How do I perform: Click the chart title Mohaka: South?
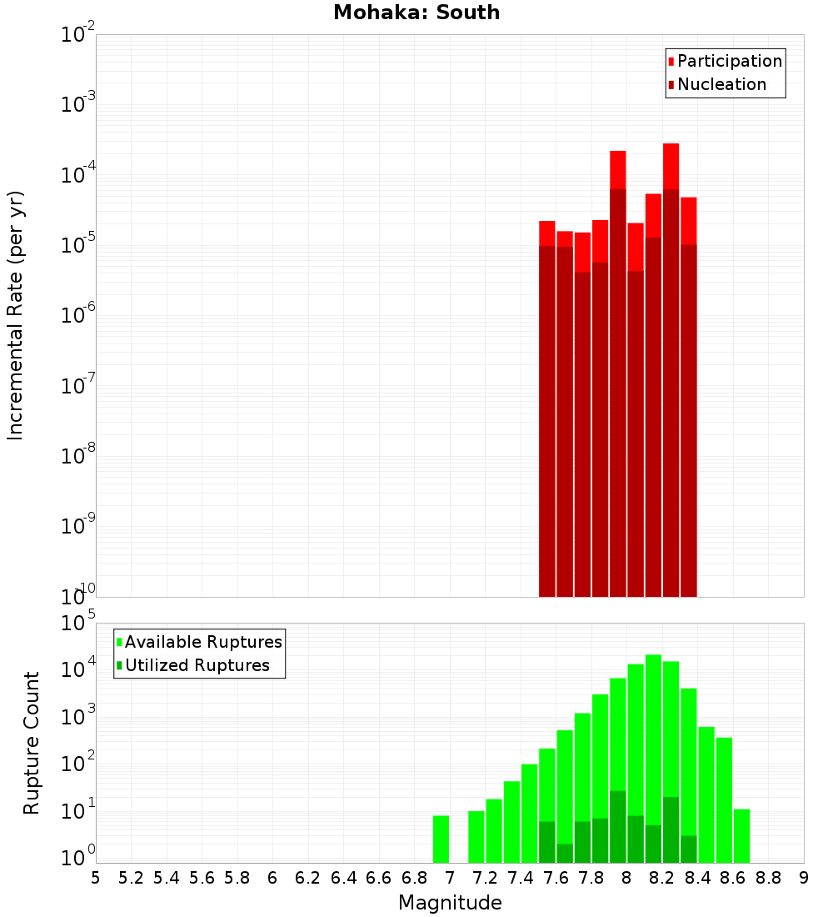pos(416,13)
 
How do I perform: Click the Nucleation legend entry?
pos(721,84)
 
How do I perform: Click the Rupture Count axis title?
pos(32,743)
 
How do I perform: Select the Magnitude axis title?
pos(450,903)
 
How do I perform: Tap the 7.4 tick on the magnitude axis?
pos(521,878)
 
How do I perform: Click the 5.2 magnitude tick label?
pos(131,878)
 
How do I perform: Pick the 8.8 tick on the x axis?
pos(769,878)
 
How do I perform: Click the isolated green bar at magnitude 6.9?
pos(441,839)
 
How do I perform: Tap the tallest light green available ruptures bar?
pos(653,750)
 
